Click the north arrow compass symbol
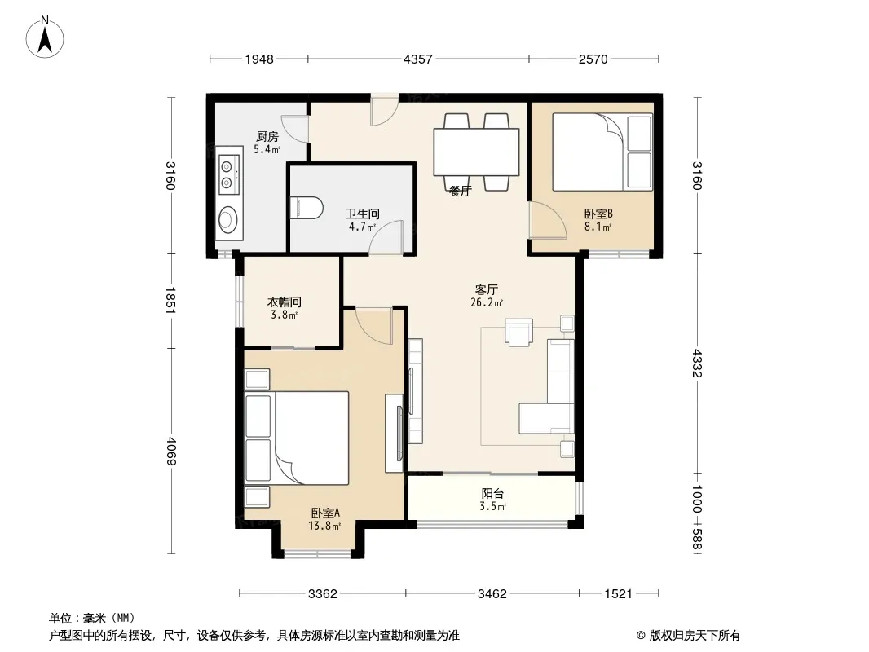pos(45,37)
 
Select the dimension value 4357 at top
pos(418,59)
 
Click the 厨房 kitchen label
pos(267,136)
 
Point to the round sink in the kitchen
pos(228,219)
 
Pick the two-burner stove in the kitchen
pos(228,174)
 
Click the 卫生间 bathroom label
pos(363,214)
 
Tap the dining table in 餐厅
pos(476,152)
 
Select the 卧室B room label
pos(598,214)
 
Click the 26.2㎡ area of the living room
pos(486,302)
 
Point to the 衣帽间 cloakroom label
pos(285,302)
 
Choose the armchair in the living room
pos(518,332)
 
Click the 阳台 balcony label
pos(492,494)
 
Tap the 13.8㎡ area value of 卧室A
pos(324,525)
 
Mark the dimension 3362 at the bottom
pos(323,594)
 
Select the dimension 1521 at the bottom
pos(618,594)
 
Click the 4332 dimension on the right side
pos(697,363)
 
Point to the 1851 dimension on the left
pos(170,301)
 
